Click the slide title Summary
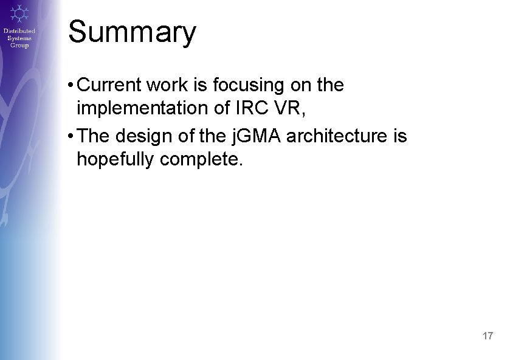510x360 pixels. click(x=132, y=32)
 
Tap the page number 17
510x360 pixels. click(x=487, y=336)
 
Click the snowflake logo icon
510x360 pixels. click(x=19, y=13)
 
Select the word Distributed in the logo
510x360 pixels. click(x=19, y=31)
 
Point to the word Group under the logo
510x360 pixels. click(x=19, y=45)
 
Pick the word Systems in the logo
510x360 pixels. click(x=19, y=38)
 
